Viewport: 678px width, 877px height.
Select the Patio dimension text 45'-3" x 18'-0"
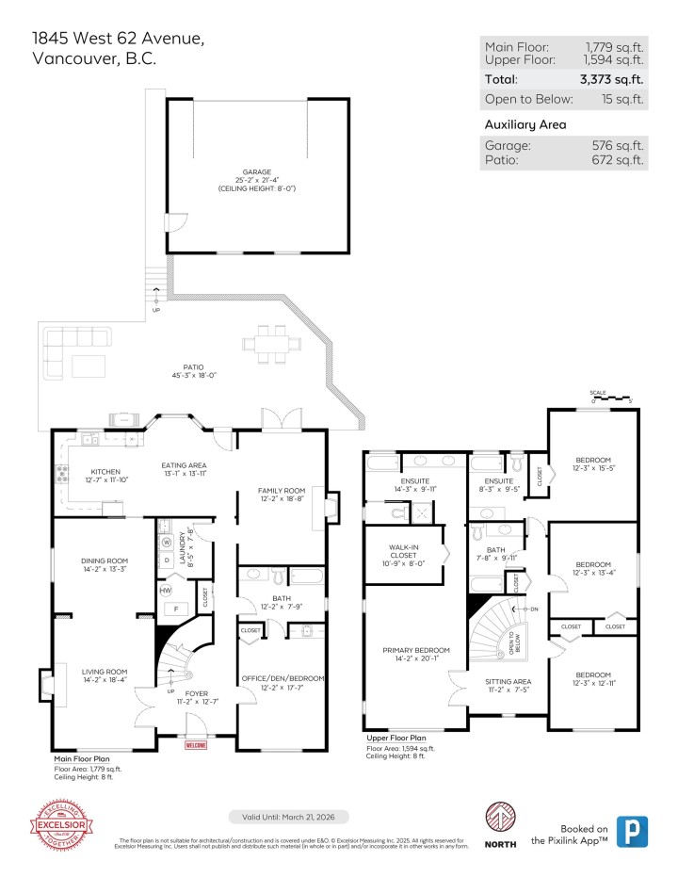tap(194, 375)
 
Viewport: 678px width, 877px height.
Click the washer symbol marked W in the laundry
tap(167, 543)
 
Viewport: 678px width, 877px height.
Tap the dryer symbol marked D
tap(167, 560)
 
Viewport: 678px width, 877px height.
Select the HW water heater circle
tap(166, 590)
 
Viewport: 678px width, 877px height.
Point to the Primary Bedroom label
tap(416, 650)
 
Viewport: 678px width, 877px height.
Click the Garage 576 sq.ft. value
tap(617, 146)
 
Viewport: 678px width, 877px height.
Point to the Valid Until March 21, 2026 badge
tap(289, 816)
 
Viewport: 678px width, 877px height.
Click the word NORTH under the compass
tap(500, 843)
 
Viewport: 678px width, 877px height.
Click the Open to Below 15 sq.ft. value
tap(622, 99)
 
